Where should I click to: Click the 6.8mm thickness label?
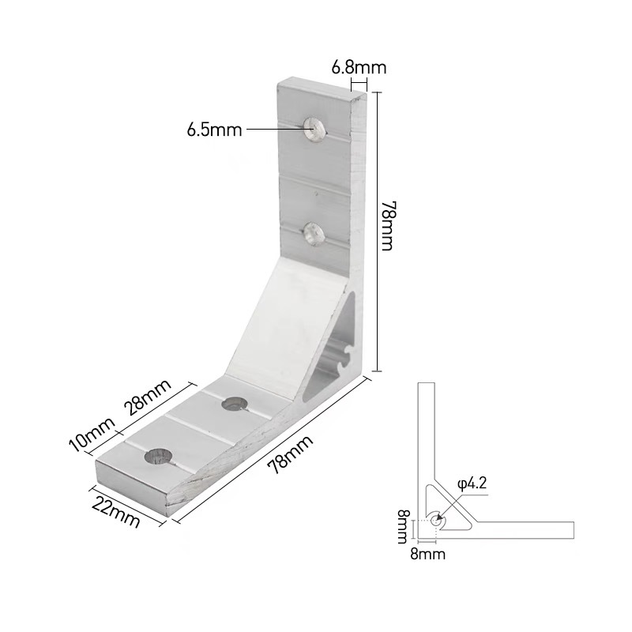[359, 67]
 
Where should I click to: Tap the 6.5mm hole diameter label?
[214, 130]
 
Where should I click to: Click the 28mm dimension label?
[148, 397]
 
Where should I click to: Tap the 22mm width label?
[116, 511]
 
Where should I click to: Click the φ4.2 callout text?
[472, 483]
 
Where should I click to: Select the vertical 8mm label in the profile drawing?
[404, 527]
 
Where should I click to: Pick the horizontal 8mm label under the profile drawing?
[427, 555]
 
